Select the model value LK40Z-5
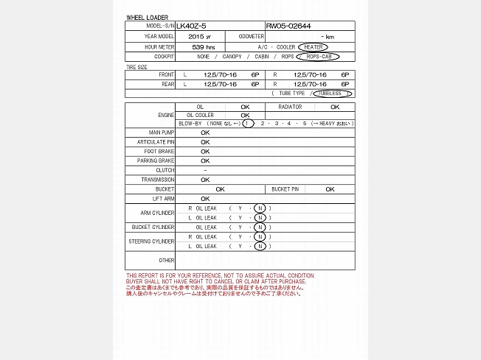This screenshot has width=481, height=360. (191, 26)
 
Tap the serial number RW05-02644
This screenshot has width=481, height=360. (288, 26)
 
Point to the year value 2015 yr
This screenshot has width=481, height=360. (199, 36)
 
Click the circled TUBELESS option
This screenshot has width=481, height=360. (332, 93)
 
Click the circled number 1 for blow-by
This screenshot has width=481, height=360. (247, 123)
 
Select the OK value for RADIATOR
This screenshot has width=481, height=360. (335, 107)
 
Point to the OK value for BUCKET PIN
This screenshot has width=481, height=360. (330, 189)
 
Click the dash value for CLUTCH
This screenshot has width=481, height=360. (205, 170)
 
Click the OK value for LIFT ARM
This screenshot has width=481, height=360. (205, 199)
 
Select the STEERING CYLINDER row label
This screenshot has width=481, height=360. (152, 241)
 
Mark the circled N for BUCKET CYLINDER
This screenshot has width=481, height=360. (259, 227)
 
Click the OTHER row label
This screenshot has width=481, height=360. (167, 261)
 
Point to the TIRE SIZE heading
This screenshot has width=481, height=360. (138, 67)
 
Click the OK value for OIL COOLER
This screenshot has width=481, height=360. (245, 115)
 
